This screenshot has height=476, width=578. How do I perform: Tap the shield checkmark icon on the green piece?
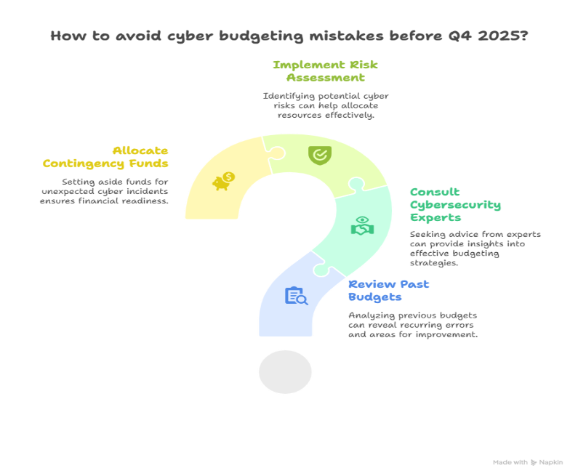coord(318,154)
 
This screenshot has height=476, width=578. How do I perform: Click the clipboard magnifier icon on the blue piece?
coord(295,296)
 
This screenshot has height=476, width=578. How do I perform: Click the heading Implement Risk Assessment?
coord(325,70)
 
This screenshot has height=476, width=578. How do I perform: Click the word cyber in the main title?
coord(182,35)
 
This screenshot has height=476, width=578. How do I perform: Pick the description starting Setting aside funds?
coord(105,190)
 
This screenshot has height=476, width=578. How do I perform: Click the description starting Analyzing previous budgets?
coord(413,326)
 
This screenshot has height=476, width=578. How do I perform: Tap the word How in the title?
coord(64,35)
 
